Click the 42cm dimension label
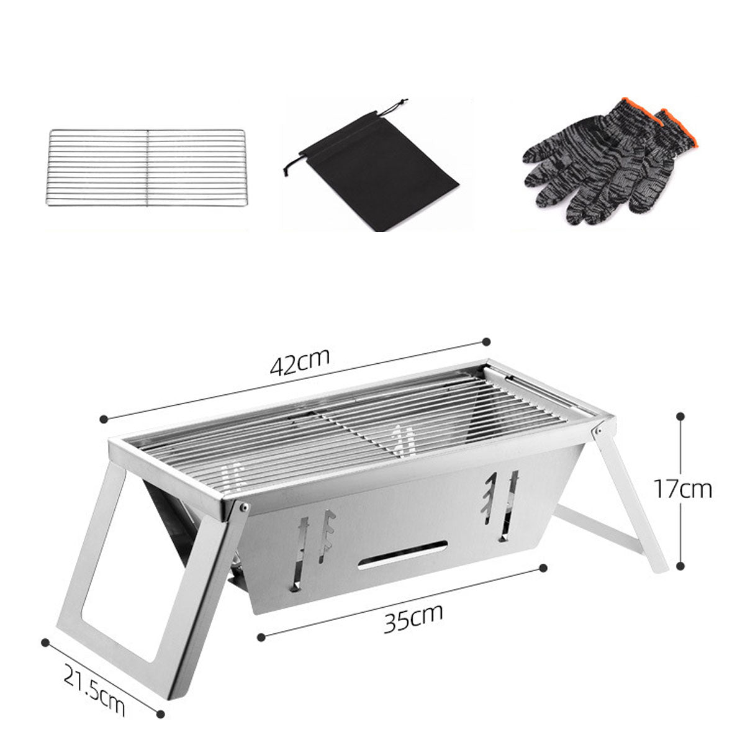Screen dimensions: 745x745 pos(300,363)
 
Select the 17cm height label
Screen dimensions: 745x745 pos(682,489)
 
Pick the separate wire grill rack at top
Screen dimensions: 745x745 pos(147,168)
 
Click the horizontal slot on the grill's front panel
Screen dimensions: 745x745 pos(402,555)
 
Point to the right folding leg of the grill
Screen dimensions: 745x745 pos(627,497)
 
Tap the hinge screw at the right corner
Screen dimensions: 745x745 pos(598,430)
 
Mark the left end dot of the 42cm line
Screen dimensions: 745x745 pos(104,419)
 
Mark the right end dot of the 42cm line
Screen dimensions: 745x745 pos(486,341)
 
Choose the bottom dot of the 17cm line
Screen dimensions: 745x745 pos(682,567)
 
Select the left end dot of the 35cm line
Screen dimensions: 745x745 pos(262,636)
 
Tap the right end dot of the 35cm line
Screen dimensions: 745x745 pos(544,567)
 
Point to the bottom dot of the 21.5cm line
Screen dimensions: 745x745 pos(161,715)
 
